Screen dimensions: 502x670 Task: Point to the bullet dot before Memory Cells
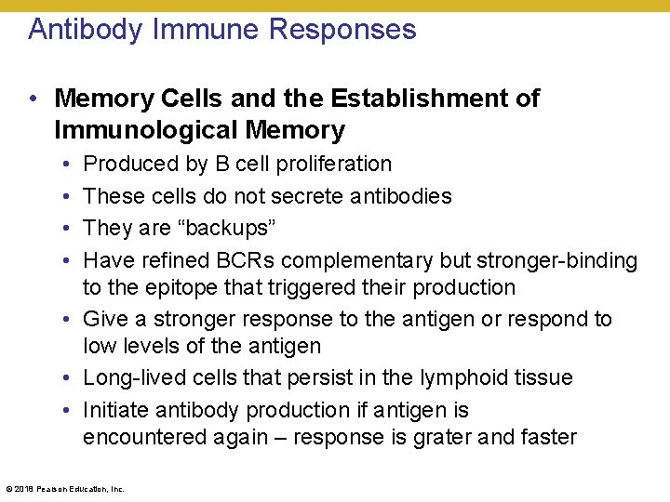pos(33,99)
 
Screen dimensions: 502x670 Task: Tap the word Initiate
pos(114,410)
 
